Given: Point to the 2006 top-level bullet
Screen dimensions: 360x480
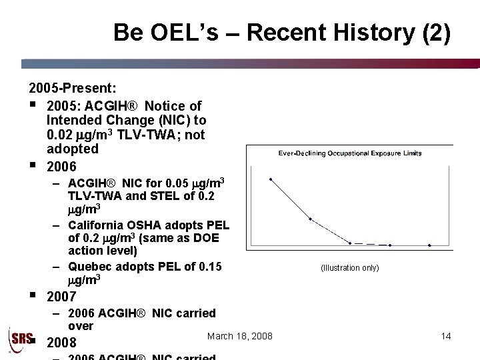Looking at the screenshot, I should tap(61, 166).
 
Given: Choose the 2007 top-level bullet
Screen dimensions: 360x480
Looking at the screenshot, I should tap(61, 297).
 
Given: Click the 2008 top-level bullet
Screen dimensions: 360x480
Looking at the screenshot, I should tap(61, 343).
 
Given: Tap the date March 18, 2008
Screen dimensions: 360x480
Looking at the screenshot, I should tap(239, 336).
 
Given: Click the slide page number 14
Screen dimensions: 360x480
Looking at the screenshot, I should tap(446, 336).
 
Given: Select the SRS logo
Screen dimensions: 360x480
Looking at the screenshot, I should tap(19, 339).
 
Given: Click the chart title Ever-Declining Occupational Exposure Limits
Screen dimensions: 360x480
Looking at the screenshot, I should tap(349, 153).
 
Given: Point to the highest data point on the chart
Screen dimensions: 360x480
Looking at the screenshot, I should tap(271, 179).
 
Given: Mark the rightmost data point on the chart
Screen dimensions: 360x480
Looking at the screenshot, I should tap(429, 245).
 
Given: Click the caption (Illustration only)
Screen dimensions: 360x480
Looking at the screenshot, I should tap(349, 268).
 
